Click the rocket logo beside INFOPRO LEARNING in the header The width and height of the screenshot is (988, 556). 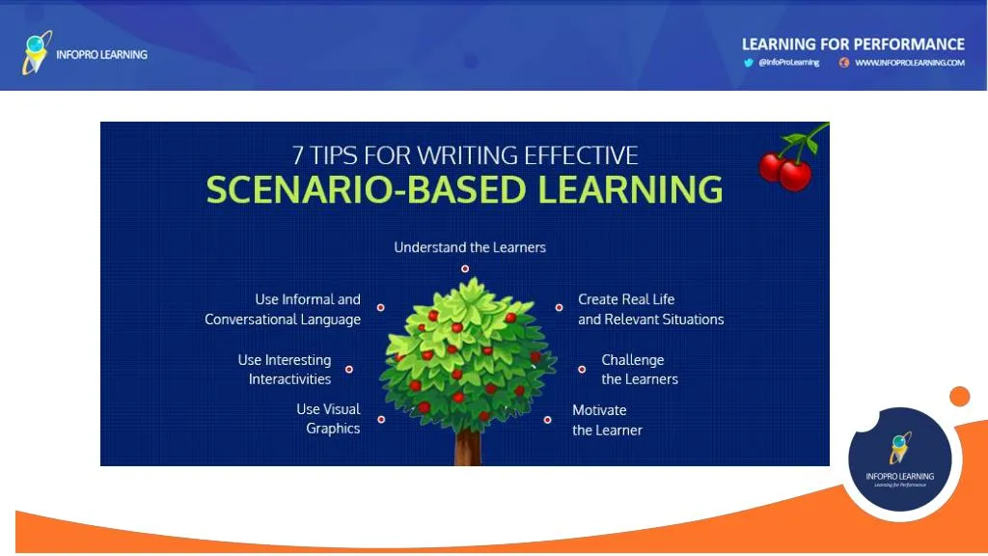click(x=37, y=53)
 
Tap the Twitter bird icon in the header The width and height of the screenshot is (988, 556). click(x=748, y=63)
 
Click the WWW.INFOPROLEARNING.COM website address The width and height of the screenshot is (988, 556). click(x=909, y=63)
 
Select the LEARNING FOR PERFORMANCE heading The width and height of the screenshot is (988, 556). click(x=853, y=44)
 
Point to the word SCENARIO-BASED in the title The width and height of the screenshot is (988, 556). click(x=366, y=189)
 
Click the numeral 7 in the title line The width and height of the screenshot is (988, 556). click(x=297, y=155)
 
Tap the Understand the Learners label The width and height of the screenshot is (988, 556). click(x=470, y=247)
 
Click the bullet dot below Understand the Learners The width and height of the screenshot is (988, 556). click(x=465, y=268)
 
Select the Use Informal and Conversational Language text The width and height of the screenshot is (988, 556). click(x=283, y=309)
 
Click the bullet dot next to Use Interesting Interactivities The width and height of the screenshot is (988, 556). click(x=349, y=370)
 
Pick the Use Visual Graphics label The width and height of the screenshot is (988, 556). click(x=328, y=419)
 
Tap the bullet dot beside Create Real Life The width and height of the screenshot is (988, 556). click(x=559, y=308)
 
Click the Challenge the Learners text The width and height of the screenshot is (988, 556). click(x=640, y=370)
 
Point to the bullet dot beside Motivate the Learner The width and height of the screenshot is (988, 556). click(x=548, y=420)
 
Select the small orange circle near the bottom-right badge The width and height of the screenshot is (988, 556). click(x=960, y=397)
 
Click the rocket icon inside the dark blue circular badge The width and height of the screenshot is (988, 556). click(x=900, y=448)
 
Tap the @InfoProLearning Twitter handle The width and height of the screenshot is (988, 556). click(x=789, y=63)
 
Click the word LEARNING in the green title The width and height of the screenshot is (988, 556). click(x=630, y=189)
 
